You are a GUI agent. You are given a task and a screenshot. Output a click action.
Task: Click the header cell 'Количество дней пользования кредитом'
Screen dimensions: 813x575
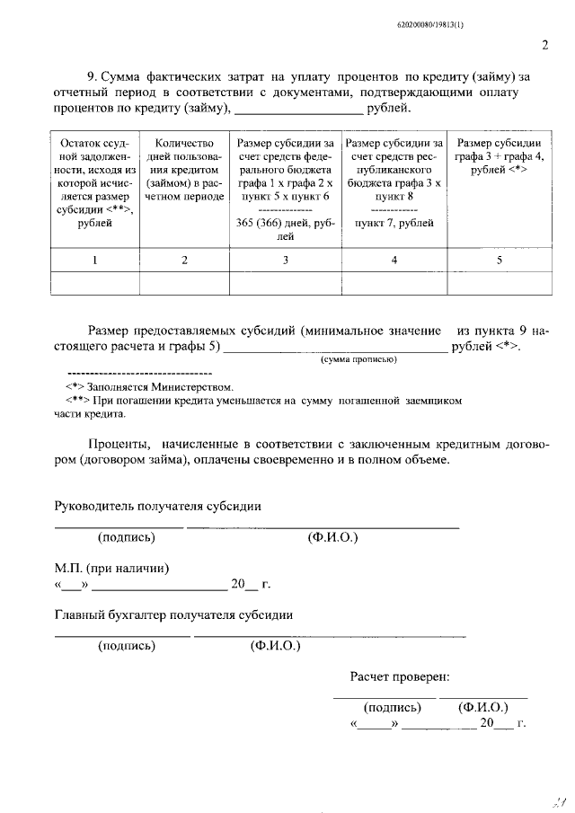(184, 170)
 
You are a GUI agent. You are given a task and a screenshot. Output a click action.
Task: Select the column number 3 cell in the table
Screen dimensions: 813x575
(285, 260)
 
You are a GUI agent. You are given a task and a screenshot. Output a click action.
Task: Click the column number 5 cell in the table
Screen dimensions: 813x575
(499, 260)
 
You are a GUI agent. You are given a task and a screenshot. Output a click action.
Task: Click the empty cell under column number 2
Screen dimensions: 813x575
(184, 283)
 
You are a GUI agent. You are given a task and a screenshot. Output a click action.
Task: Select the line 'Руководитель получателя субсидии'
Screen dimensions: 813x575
(158, 506)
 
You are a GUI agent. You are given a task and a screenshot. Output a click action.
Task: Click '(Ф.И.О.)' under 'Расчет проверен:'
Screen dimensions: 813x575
(483, 707)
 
